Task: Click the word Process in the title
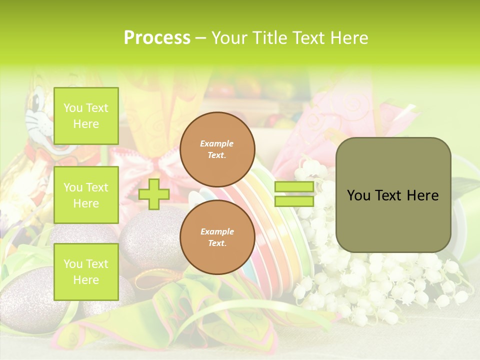coord(157,38)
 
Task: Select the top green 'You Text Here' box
coord(86,116)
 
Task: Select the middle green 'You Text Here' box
coord(86,195)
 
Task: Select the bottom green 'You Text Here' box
coord(86,271)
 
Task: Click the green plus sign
coord(154,193)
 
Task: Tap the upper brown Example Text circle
coord(217,149)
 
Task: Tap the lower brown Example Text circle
coord(217,237)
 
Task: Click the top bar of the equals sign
coord(294,187)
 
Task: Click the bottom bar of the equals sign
coord(294,201)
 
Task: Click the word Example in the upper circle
coord(217,143)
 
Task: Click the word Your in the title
coord(228,38)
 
